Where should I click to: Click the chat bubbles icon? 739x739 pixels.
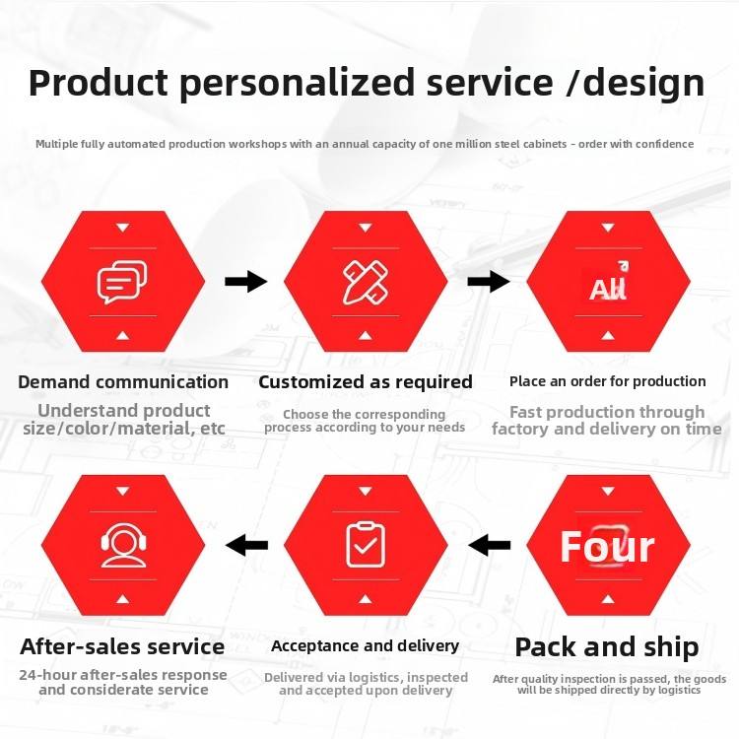122,282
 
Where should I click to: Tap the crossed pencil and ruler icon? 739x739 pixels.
366,283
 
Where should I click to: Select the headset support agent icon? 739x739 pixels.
123,545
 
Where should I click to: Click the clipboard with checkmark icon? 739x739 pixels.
366,545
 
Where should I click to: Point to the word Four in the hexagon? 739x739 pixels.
607,547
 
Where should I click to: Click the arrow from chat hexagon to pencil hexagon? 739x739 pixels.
246,282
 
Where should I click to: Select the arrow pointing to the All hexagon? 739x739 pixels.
489,282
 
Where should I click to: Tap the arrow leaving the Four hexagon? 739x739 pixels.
489,545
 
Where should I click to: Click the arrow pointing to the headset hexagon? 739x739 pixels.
246,545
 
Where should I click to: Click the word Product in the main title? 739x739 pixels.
98,83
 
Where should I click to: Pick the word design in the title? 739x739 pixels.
643,84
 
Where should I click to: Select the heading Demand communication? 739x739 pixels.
123,381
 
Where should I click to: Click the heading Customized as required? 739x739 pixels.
366,382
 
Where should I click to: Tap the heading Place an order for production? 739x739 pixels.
608,381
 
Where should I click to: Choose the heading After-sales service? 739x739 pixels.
122,646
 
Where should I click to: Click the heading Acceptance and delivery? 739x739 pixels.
366,646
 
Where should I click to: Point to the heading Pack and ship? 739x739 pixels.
607,647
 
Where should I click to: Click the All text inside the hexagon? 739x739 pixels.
608,289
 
